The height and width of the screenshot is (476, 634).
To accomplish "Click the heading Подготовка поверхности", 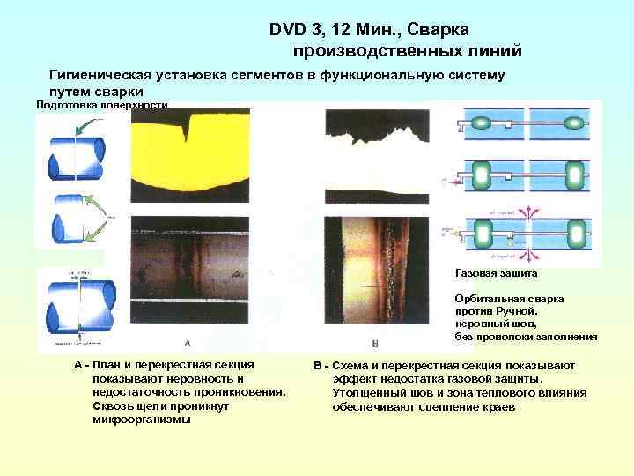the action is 101,106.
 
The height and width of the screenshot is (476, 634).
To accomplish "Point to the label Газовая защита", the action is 490,274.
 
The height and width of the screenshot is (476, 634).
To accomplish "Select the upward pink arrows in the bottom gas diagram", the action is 531,214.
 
